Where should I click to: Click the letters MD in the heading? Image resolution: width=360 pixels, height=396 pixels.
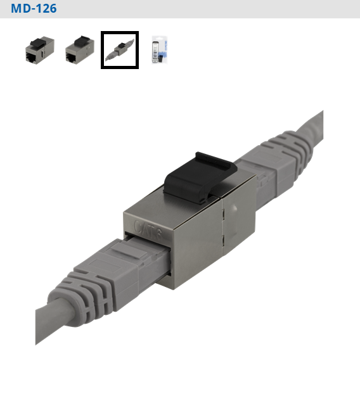pyautogui.click(x=19, y=9)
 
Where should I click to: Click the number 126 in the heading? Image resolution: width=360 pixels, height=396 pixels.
pyautogui.click(x=44, y=9)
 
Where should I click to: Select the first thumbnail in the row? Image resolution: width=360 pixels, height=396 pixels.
pyautogui.click(x=39, y=49)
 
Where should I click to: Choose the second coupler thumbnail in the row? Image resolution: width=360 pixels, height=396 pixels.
pyautogui.click(x=79, y=49)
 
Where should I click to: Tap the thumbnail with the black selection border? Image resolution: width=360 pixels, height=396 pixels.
pyautogui.click(x=120, y=49)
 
